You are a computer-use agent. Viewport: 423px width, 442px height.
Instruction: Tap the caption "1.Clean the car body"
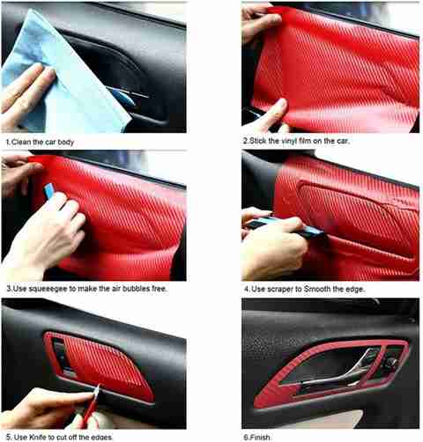click(40, 143)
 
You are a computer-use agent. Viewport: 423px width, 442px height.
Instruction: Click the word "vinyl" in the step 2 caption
click(289, 141)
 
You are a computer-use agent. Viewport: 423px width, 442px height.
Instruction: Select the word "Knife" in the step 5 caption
click(40, 438)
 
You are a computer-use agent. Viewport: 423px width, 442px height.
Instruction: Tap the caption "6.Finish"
click(256, 438)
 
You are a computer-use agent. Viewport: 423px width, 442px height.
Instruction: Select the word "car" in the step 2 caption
click(342, 141)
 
